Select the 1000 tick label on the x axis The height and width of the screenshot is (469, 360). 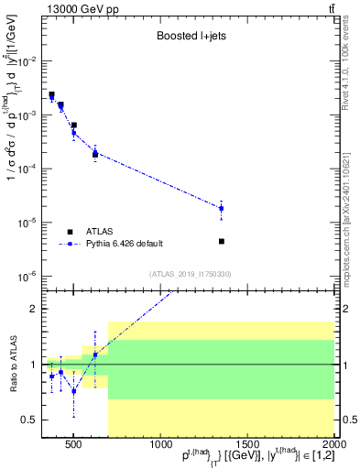158,445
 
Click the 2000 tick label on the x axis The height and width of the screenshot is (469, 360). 333,445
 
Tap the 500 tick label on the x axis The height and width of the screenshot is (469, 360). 73,445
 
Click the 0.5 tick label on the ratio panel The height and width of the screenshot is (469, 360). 28,420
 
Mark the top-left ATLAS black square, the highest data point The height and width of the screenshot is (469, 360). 51,94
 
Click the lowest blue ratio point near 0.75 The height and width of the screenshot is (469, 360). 74,391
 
